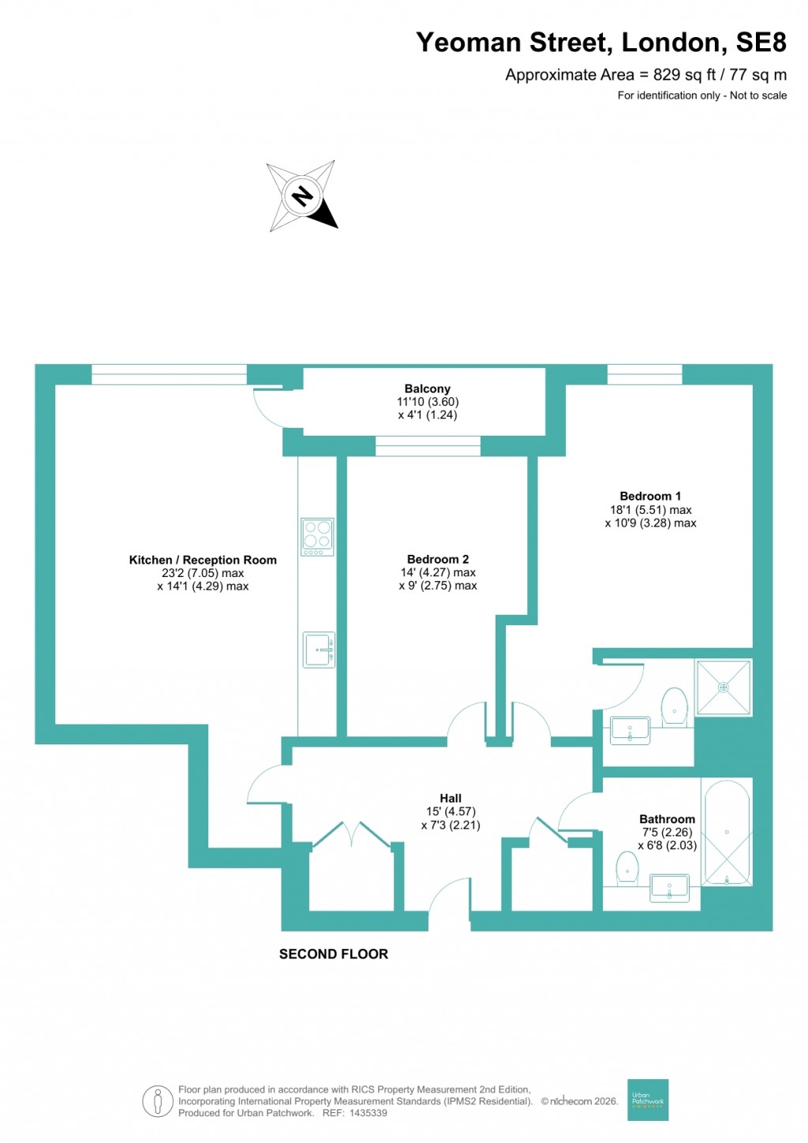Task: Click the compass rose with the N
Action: (302, 196)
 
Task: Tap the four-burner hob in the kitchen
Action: (317, 536)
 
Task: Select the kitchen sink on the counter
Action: (319, 650)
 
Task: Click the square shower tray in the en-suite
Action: (723, 688)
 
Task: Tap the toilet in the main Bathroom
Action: (627, 868)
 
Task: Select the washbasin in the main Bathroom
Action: (669, 888)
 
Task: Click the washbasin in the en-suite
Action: (630, 729)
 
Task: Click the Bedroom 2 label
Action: (438, 559)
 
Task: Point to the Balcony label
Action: (427, 388)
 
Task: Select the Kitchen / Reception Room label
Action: (203, 560)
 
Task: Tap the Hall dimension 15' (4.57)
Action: (451, 811)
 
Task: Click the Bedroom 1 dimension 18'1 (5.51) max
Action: (650, 510)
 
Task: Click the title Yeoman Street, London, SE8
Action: (600, 43)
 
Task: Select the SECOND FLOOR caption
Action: (333, 954)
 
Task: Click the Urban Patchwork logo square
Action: (648, 1100)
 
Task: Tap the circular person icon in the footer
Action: (158, 1101)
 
